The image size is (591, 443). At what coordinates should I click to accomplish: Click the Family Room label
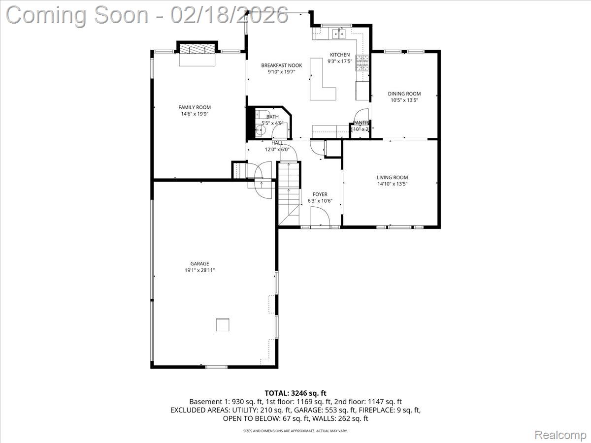[x=195, y=107]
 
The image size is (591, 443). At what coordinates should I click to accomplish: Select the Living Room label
[x=392, y=178]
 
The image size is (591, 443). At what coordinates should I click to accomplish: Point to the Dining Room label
[x=404, y=94]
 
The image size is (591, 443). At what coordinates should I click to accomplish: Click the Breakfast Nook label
[x=281, y=65]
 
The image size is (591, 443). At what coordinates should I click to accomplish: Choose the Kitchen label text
[x=339, y=55]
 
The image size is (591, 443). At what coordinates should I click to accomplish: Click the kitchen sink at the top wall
[x=339, y=33]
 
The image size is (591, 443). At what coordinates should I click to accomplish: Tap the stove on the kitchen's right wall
[x=362, y=63]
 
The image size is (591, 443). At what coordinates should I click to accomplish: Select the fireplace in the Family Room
[x=197, y=49]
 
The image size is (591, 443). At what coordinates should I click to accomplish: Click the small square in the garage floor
[x=223, y=325]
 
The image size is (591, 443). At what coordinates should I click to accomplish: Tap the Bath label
[x=272, y=117]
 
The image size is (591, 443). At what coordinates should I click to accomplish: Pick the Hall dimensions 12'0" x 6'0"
[x=274, y=149]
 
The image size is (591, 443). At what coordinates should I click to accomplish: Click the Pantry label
[x=361, y=123]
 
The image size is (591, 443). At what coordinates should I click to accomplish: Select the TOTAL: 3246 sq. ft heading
[x=295, y=393]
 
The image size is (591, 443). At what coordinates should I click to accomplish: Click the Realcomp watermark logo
[x=560, y=435]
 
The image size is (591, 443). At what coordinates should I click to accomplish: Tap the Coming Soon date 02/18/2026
[x=229, y=15]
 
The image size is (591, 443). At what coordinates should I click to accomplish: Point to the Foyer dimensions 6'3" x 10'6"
[x=320, y=201]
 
